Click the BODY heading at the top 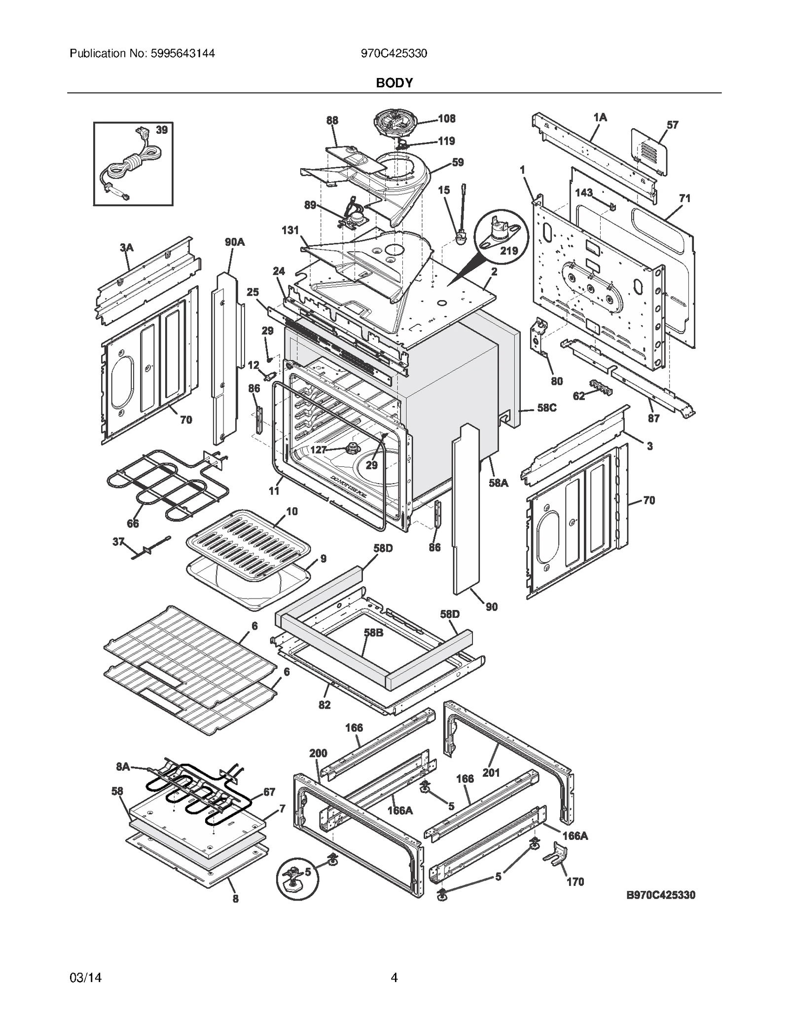point(394,83)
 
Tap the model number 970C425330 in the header point(394,53)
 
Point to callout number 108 point(447,118)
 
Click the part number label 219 point(509,251)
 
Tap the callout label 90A point(235,242)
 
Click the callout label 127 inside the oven point(319,450)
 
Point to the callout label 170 point(575,881)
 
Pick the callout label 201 point(491,772)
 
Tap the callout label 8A point(123,766)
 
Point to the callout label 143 point(584,192)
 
